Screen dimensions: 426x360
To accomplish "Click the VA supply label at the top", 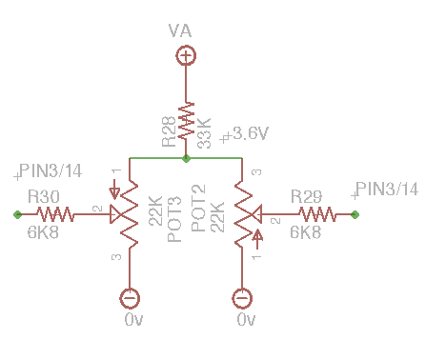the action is point(180,30).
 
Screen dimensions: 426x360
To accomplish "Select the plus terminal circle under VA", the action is point(186,56).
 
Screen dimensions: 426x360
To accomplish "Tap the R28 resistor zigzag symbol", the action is point(186,120).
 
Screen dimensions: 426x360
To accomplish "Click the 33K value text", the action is point(204,133).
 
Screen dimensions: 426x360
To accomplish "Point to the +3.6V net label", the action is point(244,134).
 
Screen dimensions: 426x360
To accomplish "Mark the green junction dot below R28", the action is point(186,158).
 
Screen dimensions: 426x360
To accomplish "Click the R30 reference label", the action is point(44,196).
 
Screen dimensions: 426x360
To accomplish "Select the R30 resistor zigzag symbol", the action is point(55,214).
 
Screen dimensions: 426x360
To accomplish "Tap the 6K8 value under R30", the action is point(43,232).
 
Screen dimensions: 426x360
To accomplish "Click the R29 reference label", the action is point(306,196).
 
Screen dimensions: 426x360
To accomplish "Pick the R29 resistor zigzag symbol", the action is point(317,214).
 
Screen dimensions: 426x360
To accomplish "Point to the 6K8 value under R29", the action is point(305,232).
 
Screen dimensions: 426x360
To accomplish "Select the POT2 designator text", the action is point(198,209).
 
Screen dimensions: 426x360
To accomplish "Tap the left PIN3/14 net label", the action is point(48,171).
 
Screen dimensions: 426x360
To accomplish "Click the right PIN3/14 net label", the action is point(384,190).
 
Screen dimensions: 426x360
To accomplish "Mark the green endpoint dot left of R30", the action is point(18,215).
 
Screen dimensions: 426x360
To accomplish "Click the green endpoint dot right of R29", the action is point(355,215).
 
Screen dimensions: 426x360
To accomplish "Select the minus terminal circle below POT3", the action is point(130,298).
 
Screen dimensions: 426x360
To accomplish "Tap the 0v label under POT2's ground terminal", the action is point(246,320).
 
